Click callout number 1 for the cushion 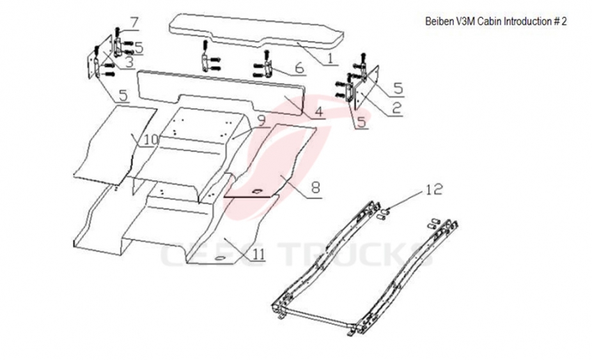[x=330, y=59]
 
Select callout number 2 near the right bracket [x=396, y=108]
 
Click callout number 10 [x=151, y=139]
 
